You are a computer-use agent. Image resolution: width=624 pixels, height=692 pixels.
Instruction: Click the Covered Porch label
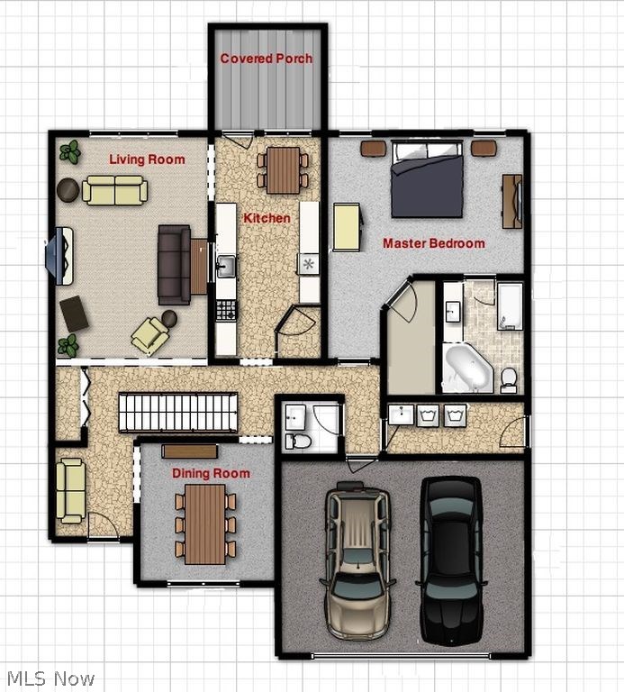[x=267, y=59]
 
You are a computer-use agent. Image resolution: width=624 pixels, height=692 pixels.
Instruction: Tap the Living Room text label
[x=147, y=159]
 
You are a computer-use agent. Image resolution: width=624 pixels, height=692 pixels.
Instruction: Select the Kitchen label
[x=267, y=218]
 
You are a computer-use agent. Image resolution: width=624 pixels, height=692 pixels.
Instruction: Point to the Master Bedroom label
[x=433, y=243]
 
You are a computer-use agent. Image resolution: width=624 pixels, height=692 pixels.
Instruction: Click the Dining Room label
[x=211, y=473]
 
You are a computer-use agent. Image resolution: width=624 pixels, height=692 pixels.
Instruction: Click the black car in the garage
[x=450, y=559]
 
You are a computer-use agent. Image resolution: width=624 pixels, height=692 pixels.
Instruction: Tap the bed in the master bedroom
[x=427, y=179]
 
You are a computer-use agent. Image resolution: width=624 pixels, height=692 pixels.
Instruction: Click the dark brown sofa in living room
[x=174, y=264]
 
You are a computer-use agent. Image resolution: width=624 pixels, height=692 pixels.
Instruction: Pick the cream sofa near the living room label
[x=114, y=190]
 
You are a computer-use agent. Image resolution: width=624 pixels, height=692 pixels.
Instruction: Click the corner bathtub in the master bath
[x=467, y=368]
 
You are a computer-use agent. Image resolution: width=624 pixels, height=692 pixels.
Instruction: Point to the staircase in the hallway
[x=177, y=412]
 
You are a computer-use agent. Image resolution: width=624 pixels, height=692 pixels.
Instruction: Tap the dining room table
[x=205, y=524]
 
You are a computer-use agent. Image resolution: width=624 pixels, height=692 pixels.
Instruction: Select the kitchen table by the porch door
[x=283, y=169]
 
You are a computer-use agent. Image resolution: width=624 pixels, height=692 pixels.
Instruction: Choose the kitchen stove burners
[x=225, y=310]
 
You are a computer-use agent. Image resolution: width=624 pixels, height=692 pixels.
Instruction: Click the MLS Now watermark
[x=50, y=678]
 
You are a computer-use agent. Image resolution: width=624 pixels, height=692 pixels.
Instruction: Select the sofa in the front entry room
[x=70, y=489]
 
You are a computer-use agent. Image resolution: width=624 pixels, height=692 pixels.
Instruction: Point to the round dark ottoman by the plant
[x=68, y=189]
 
